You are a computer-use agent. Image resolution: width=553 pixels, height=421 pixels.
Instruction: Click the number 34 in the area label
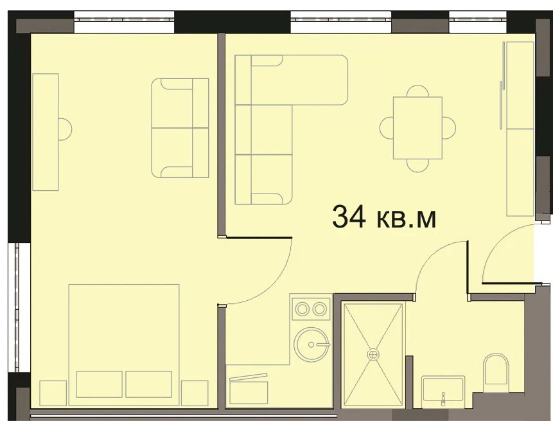(349, 217)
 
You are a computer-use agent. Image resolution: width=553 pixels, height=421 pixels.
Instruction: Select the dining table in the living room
(417, 128)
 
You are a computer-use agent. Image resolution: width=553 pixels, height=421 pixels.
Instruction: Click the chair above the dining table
(417, 91)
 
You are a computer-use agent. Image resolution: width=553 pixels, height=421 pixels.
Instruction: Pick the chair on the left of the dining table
(387, 128)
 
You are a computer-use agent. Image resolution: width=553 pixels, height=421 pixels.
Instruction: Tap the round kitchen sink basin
(312, 345)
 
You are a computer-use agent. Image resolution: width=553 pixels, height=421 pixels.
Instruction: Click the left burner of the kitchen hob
(303, 309)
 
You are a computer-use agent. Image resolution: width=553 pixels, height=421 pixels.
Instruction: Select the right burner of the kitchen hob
(320, 309)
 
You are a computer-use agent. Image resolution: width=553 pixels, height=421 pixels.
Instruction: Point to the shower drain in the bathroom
(373, 354)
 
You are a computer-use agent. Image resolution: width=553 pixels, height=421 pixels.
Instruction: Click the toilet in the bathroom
(496, 370)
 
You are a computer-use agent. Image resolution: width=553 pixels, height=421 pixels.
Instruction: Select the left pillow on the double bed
(99, 384)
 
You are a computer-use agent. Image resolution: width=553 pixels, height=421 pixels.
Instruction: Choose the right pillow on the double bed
(149, 384)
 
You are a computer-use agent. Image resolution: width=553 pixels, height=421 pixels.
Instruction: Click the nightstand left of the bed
(53, 393)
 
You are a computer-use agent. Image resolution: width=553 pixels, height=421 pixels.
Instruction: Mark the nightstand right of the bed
(195, 393)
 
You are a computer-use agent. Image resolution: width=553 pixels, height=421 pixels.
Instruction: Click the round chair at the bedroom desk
(66, 129)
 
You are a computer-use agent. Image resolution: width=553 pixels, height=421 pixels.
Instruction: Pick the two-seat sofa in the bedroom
(180, 128)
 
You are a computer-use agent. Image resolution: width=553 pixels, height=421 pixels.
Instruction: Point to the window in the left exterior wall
(17, 307)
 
